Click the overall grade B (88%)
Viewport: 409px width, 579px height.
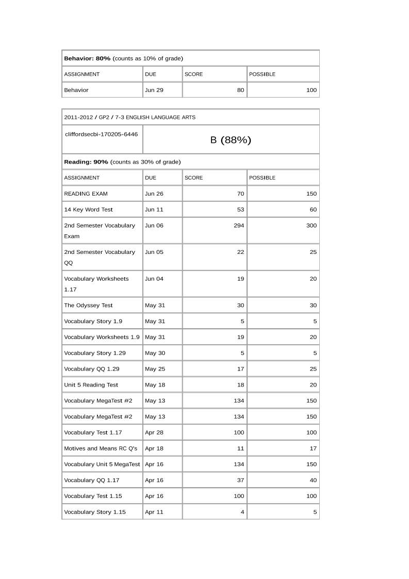(231, 140)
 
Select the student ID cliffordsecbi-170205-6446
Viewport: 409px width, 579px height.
(102, 134)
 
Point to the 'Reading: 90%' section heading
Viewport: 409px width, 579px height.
(86, 162)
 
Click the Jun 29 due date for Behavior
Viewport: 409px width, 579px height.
(154, 90)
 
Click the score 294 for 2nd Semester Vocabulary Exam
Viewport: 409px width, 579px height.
(239, 226)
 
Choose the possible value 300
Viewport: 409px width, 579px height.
(312, 226)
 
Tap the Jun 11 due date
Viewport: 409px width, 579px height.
(154, 210)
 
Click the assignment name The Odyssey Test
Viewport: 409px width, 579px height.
(88, 305)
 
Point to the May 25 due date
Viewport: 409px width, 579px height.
(155, 369)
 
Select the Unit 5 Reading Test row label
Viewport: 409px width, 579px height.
(91, 385)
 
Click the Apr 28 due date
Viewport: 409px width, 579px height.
(154, 432)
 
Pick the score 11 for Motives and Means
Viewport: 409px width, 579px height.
(241, 448)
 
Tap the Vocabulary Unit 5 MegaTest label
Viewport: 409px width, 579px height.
(102, 464)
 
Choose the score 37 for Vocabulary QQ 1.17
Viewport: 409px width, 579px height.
(240, 480)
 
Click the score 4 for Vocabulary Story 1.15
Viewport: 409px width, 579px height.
(242, 512)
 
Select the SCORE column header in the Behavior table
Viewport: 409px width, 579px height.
(194, 74)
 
